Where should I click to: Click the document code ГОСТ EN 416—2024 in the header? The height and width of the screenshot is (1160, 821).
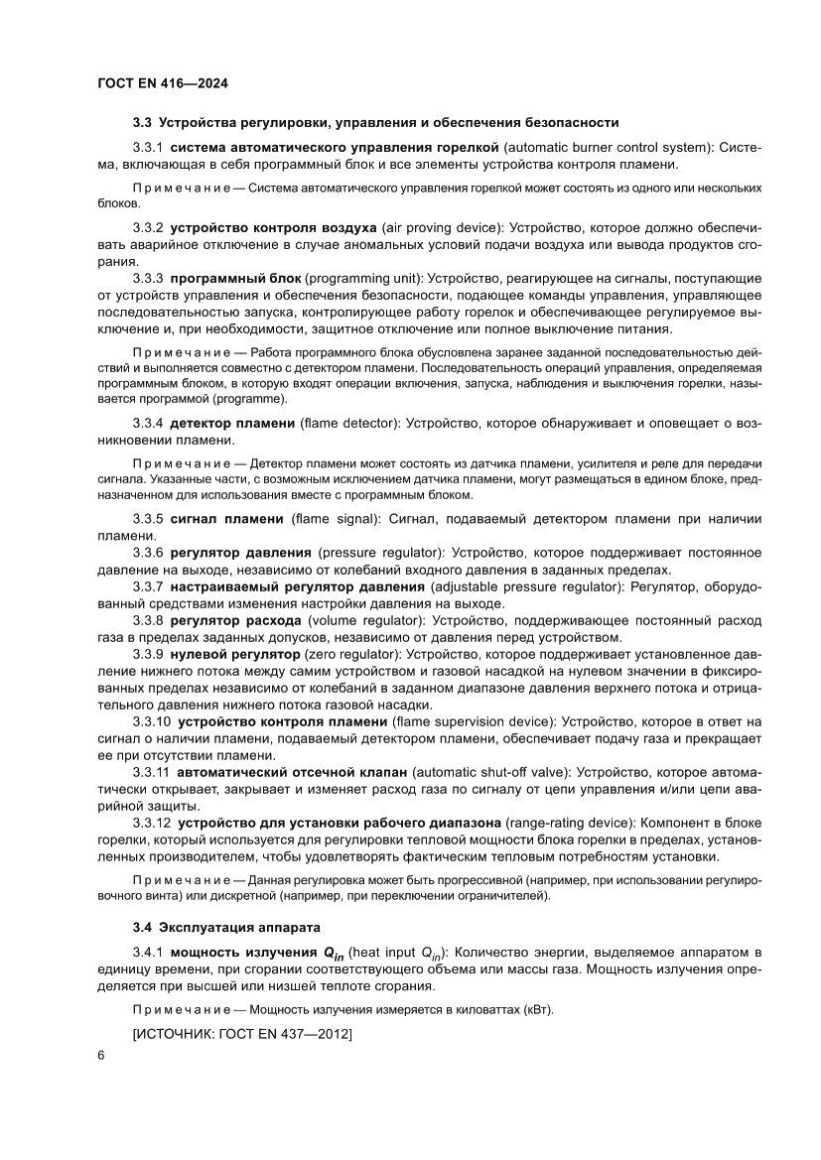click(x=163, y=84)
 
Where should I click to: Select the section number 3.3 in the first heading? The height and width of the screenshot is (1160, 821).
click(x=142, y=123)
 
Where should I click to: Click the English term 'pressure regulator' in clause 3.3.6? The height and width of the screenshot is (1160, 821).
click(x=379, y=552)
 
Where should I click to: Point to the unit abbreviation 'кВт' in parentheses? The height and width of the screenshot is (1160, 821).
click(x=536, y=1009)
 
